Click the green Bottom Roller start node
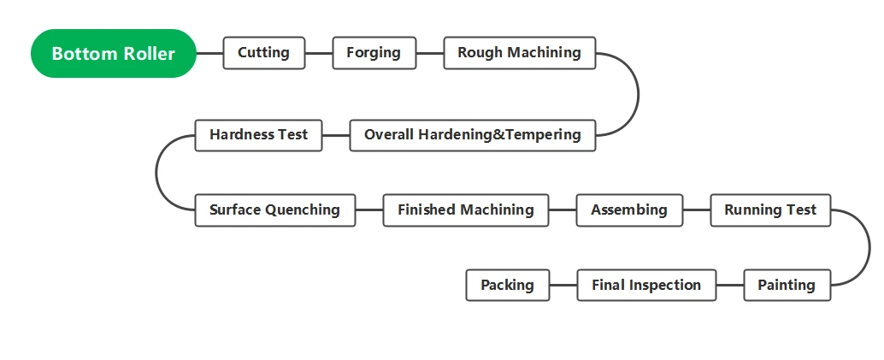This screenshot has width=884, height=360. coord(114,54)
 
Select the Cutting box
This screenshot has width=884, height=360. coord(264,53)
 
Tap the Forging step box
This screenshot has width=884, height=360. coord(374,53)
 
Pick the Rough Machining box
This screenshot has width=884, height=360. coord(519,53)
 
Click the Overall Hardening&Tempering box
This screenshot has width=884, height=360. coord(473,135)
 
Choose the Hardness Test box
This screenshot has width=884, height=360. coord(258,135)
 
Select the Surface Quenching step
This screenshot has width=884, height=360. coord(275,210)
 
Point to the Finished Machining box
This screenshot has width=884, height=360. coord(466,210)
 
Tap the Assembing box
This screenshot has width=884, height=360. coord(629,210)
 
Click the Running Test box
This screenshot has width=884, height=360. coord(770,210)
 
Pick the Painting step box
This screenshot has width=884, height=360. coord(787,285)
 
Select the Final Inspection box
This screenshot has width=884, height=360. coord(646,285)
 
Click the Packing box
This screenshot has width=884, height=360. coord(507,285)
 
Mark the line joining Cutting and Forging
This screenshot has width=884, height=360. coord(319,54)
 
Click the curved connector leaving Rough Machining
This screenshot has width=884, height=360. coord(638,94)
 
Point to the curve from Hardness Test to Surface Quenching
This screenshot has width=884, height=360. coord(156,173)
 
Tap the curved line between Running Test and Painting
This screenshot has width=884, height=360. coord(869,248)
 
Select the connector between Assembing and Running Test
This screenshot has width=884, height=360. coord(696,210)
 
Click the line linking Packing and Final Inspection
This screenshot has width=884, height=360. coord(563,285)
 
